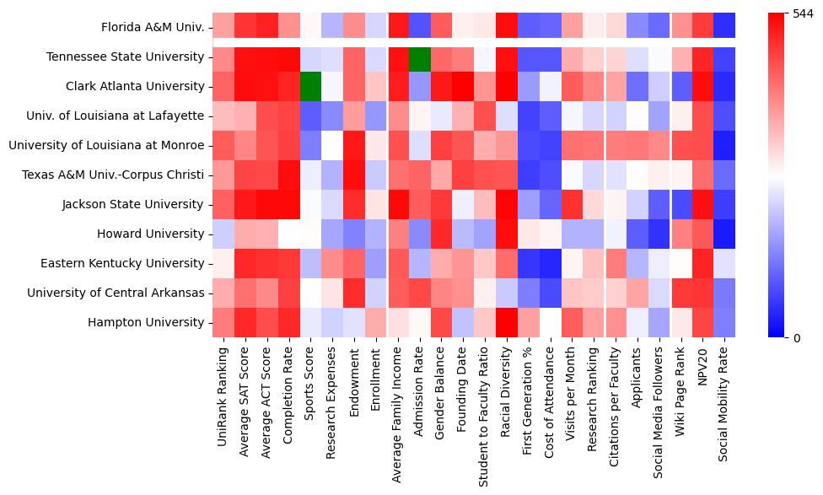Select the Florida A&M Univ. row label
153,27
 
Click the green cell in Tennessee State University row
421,56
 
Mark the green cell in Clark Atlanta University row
311,86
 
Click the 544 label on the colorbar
802,13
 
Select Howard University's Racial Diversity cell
507,234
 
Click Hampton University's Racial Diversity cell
507,322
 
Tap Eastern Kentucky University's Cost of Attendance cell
550,263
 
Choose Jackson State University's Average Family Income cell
398,204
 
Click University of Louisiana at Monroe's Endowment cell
354,145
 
